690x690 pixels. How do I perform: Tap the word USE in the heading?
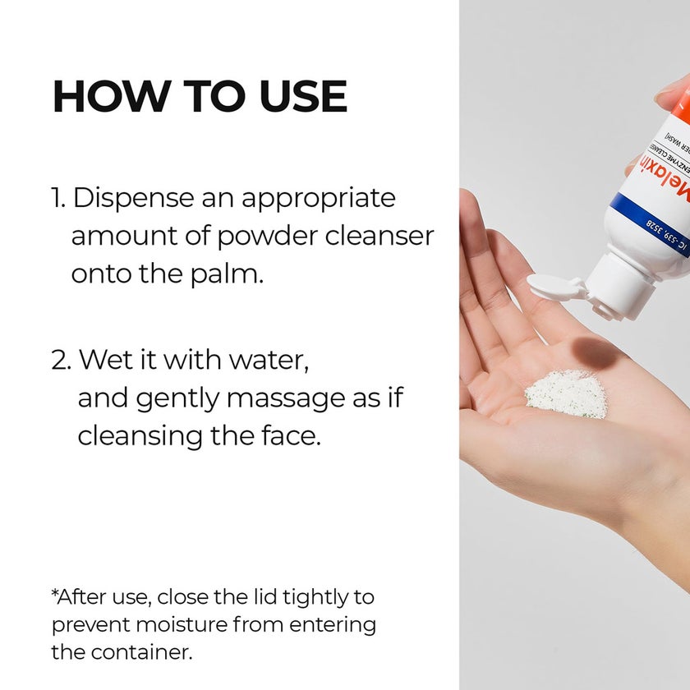coord(303,97)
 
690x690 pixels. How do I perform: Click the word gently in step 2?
coord(178,398)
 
